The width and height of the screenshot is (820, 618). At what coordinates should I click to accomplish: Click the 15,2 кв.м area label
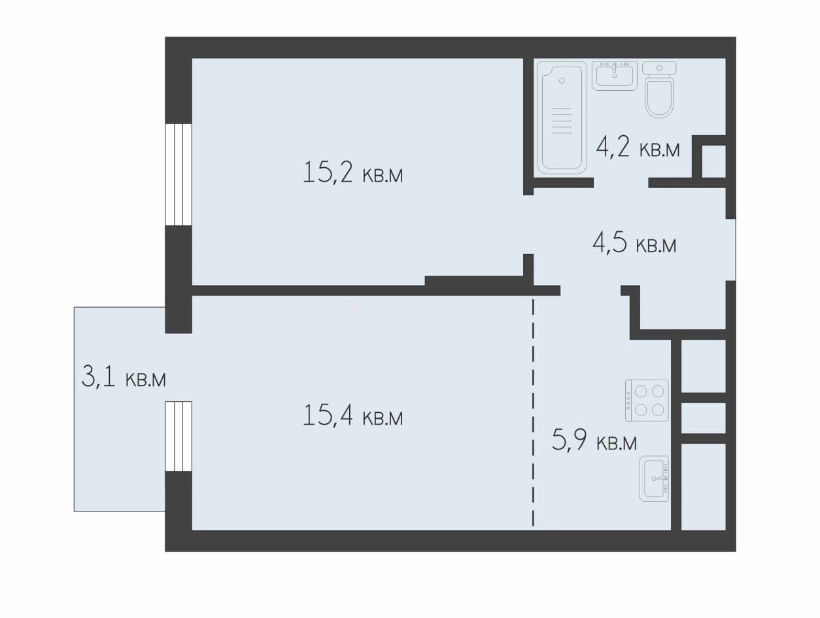click(352, 172)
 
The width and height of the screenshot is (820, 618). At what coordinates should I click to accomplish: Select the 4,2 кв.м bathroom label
click(638, 146)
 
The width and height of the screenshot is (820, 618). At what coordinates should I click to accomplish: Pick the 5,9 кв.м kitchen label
click(594, 440)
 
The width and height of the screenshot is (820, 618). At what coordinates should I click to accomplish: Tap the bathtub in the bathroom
click(562, 118)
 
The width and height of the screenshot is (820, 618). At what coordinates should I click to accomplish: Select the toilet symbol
click(659, 89)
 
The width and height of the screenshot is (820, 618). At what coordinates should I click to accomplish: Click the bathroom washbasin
click(615, 76)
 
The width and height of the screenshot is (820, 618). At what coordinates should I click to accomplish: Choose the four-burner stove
click(647, 401)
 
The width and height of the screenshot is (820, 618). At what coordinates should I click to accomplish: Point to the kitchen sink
click(654, 478)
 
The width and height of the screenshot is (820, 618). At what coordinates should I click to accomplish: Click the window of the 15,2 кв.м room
click(179, 174)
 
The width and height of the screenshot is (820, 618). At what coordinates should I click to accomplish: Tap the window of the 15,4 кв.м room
click(179, 436)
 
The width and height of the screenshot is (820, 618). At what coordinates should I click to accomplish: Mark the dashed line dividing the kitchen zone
click(533, 412)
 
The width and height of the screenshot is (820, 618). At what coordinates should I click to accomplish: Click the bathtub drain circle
click(562, 80)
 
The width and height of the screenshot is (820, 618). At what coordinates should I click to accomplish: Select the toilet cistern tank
click(659, 68)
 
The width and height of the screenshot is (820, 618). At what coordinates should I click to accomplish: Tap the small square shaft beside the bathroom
click(714, 161)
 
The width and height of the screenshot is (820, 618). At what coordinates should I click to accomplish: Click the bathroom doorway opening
click(621, 182)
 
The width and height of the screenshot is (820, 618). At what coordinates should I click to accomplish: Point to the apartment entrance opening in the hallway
click(730, 250)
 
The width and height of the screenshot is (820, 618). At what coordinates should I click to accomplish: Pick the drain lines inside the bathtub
click(562, 121)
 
